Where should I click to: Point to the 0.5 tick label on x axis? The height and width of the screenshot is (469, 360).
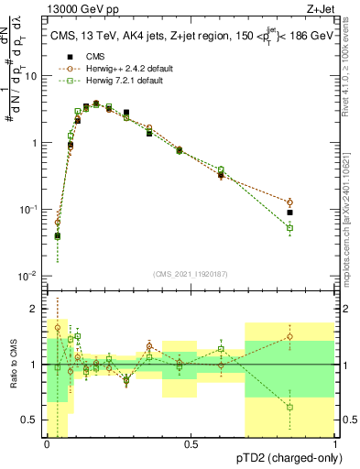[x=191, y=442]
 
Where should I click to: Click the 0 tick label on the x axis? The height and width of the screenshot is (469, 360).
[x=47, y=442]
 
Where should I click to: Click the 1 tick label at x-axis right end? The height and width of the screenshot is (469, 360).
[x=335, y=442]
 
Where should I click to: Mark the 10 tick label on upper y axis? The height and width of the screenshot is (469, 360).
[x=30, y=77]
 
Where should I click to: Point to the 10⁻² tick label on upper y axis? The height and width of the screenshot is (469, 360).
[x=28, y=276]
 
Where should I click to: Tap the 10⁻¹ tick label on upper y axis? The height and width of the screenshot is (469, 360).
[x=28, y=210]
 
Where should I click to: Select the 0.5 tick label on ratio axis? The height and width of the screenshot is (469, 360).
[x=30, y=420]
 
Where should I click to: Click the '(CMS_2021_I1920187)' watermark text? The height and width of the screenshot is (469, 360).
[x=191, y=273]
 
